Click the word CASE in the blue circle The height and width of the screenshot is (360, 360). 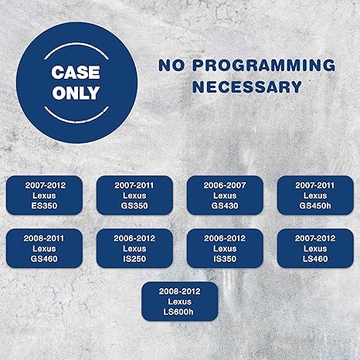coord(76,73)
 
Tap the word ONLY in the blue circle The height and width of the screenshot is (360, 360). coord(76,93)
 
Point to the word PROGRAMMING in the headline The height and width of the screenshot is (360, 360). coord(264,65)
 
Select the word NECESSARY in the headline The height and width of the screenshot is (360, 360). coord(247,87)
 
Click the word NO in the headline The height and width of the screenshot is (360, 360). coord(172,65)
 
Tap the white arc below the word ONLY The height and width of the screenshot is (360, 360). coord(76,117)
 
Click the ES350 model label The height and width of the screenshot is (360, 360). coord(44,205)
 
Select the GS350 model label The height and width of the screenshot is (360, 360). coord(134,205)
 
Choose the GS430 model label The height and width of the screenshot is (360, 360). coord(225,205)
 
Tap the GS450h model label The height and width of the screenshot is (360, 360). coord(315,205)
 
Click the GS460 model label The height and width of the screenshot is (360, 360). coord(44,259)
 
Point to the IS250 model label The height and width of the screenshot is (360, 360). coord(134,259)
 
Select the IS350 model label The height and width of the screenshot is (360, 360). coord(225,259)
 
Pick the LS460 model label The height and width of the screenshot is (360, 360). coord(315,259)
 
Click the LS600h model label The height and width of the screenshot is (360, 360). coord(178,312)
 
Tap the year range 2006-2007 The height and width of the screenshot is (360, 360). coord(225,185)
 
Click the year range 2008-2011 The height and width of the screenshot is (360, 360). coord(44,239)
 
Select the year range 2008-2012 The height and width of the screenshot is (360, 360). coord(179,291)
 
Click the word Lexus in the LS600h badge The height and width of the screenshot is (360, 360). coord(180,301)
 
